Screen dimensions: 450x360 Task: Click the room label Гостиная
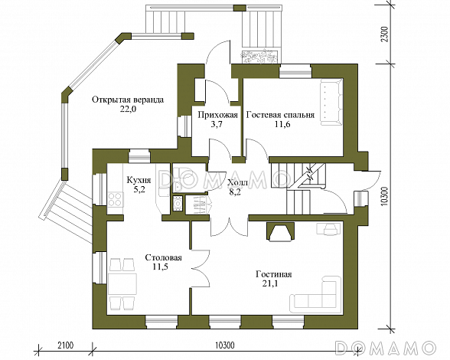tap(274, 274)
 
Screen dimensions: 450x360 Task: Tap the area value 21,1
tap(270, 284)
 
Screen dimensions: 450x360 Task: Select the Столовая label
tap(163, 257)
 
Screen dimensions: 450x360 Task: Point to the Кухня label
tap(139, 181)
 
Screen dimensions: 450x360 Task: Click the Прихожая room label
tap(218, 115)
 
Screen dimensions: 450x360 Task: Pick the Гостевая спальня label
tap(280, 115)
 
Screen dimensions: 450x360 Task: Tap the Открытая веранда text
tap(128, 100)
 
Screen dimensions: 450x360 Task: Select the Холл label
tap(237, 182)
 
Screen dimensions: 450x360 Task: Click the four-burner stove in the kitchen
tap(115, 199)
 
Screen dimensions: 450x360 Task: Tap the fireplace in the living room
tap(280, 231)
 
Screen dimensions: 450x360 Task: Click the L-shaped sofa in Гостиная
tap(315, 293)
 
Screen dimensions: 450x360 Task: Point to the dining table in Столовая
tap(122, 283)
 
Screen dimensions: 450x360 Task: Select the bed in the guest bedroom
tap(331, 103)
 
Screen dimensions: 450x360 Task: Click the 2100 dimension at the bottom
tap(66, 345)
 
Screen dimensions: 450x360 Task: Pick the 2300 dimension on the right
tap(385, 34)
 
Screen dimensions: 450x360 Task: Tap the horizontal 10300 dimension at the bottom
tap(224, 345)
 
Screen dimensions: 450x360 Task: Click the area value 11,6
tap(280, 125)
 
